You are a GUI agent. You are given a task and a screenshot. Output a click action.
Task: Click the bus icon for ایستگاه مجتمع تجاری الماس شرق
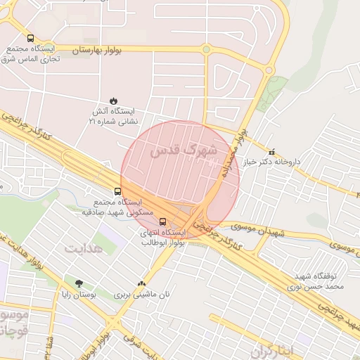30,38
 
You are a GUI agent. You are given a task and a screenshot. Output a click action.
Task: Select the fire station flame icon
113,100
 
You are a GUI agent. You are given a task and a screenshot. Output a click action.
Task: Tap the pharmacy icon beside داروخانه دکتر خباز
272,151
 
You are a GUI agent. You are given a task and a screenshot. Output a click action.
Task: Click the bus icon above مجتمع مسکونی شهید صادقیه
117,191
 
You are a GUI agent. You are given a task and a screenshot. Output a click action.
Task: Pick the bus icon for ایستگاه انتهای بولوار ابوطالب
163,221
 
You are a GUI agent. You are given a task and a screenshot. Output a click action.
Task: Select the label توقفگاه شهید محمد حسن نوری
316,282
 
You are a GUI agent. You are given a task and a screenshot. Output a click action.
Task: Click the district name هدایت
84,249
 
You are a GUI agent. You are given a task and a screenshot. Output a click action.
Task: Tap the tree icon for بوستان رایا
79,284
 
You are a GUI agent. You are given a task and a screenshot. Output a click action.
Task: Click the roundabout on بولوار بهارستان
206,49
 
